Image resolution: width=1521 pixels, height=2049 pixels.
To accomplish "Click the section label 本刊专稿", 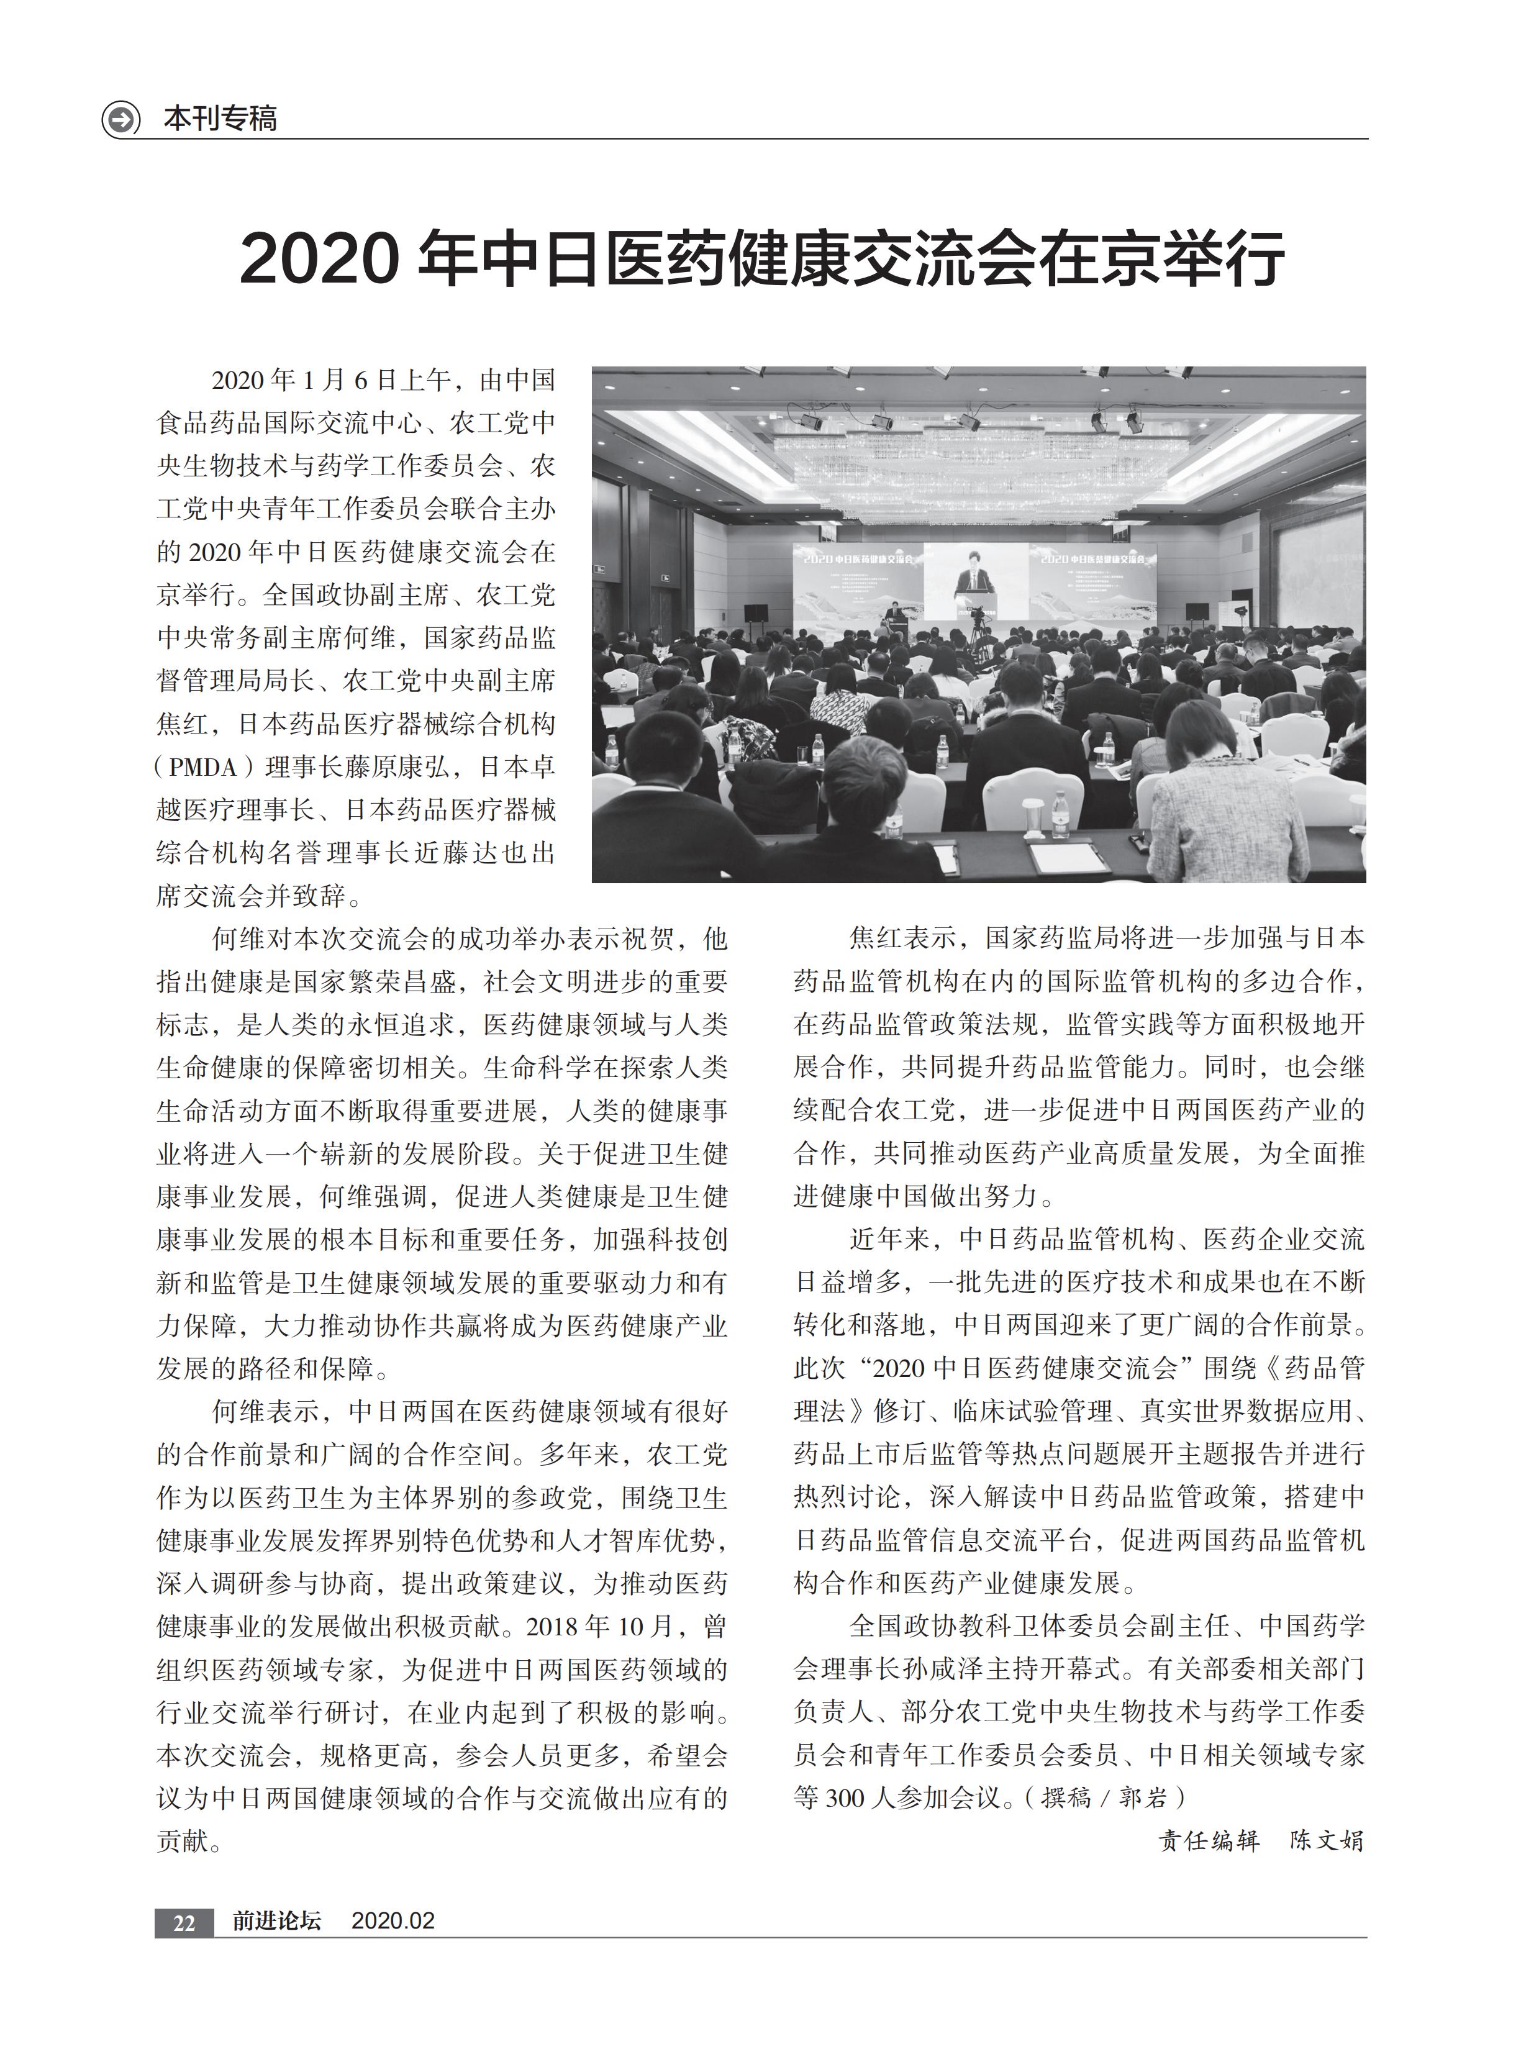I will [x=220, y=119].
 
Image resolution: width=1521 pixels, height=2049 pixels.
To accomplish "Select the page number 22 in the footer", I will [x=184, y=1922].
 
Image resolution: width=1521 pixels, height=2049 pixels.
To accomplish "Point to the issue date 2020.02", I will [x=393, y=1921].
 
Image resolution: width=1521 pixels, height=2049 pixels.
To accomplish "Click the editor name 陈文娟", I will [x=1326, y=1841].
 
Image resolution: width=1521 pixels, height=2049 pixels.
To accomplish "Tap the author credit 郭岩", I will [x=1143, y=1797].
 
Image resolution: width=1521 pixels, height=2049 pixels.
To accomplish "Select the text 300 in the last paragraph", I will [x=845, y=1797].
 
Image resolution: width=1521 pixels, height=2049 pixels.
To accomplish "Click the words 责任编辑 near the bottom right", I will [x=1209, y=1841].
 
